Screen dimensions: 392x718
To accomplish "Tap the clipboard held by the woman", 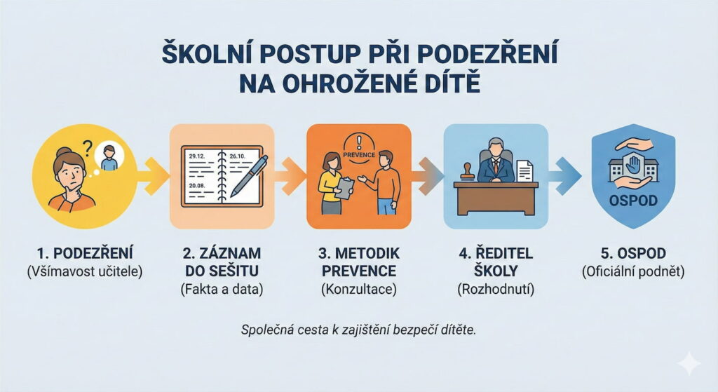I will tap(345, 187).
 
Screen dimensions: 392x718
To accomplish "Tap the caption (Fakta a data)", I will tap(222, 289).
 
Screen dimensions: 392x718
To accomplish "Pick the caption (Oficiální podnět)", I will tap(632, 271).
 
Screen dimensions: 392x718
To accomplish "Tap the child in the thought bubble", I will tap(109, 158).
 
